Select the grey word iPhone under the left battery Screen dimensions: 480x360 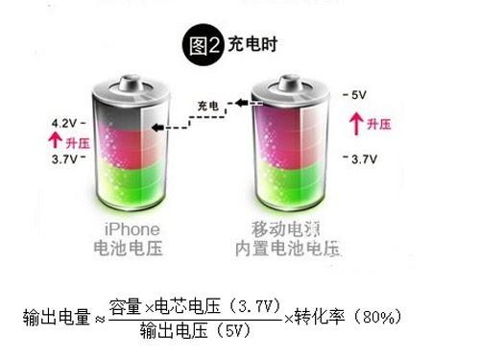132,230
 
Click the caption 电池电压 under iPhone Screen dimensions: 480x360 132,250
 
